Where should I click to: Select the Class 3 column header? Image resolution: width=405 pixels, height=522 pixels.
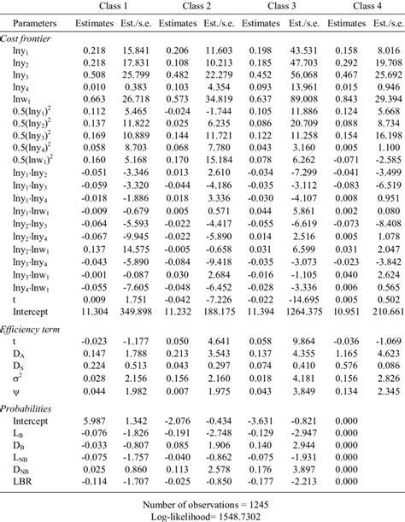(x=284, y=6)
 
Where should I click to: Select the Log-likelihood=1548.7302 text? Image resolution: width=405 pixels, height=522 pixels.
(x=202, y=514)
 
